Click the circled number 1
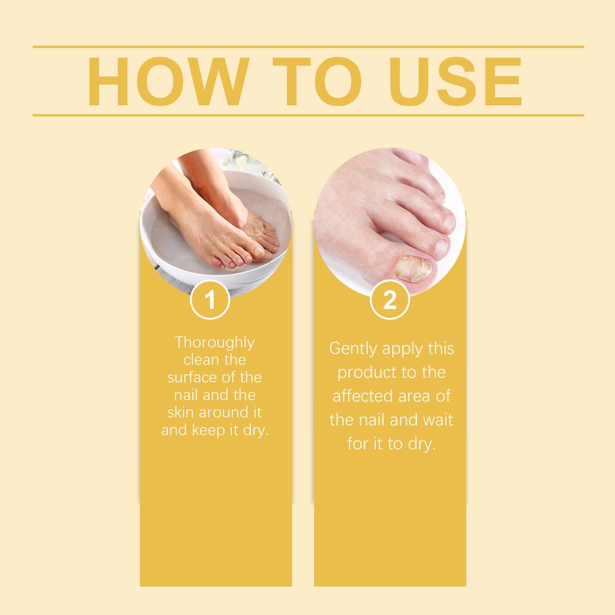[210, 300]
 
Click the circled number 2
[390, 300]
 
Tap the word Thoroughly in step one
[214, 343]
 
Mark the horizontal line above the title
[307, 46]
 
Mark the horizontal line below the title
[307, 115]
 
